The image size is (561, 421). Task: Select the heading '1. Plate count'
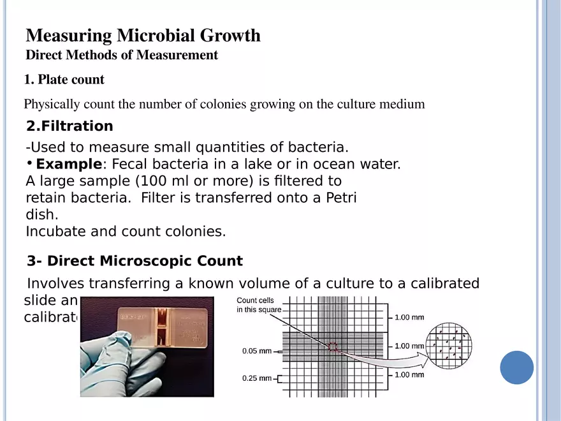[x=64, y=80]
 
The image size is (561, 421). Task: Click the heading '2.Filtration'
[x=70, y=126]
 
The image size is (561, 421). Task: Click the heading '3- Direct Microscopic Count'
[x=135, y=261]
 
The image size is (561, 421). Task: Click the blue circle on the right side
[x=516, y=367]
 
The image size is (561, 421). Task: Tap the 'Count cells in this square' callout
[x=258, y=305]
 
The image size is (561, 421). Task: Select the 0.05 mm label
[x=257, y=351]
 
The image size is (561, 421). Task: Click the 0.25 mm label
[x=257, y=378]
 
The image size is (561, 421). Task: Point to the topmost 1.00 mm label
[x=409, y=317]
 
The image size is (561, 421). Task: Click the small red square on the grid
[x=332, y=347]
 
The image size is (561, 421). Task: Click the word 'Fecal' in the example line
[x=132, y=165]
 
